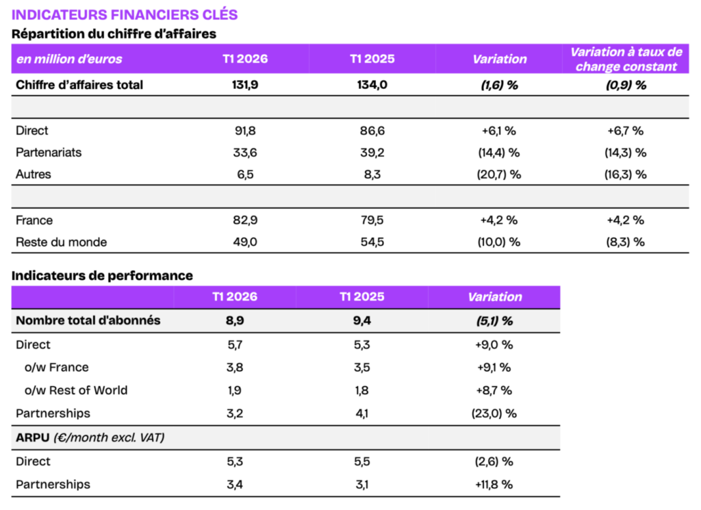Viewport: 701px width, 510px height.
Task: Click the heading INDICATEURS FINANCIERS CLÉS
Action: pyautogui.click(x=125, y=14)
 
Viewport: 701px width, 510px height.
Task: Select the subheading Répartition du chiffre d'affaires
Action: pyautogui.click(x=114, y=33)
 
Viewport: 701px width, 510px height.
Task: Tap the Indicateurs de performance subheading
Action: pyautogui.click(x=102, y=275)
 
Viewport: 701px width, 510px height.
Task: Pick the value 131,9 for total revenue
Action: pyautogui.click(x=245, y=85)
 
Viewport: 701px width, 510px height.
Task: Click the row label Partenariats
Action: pyautogui.click(x=49, y=153)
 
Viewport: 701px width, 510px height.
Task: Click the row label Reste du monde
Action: pyautogui.click(x=61, y=242)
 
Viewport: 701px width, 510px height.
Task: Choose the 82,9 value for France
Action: pyautogui.click(x=245, y=220)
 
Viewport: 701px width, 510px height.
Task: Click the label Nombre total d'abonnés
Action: pyautogui.click(x=88, y=320)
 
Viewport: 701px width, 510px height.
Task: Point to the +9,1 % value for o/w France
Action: pyautogui.click(x=494, y=368)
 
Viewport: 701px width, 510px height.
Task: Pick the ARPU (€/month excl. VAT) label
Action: pyautogui.click(x=90, y=437)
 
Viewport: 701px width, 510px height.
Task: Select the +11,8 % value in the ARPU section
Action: pyautogui.click(x=494, y=485)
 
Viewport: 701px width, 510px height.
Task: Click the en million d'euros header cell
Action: pyautogui.click(x=69, y=59)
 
